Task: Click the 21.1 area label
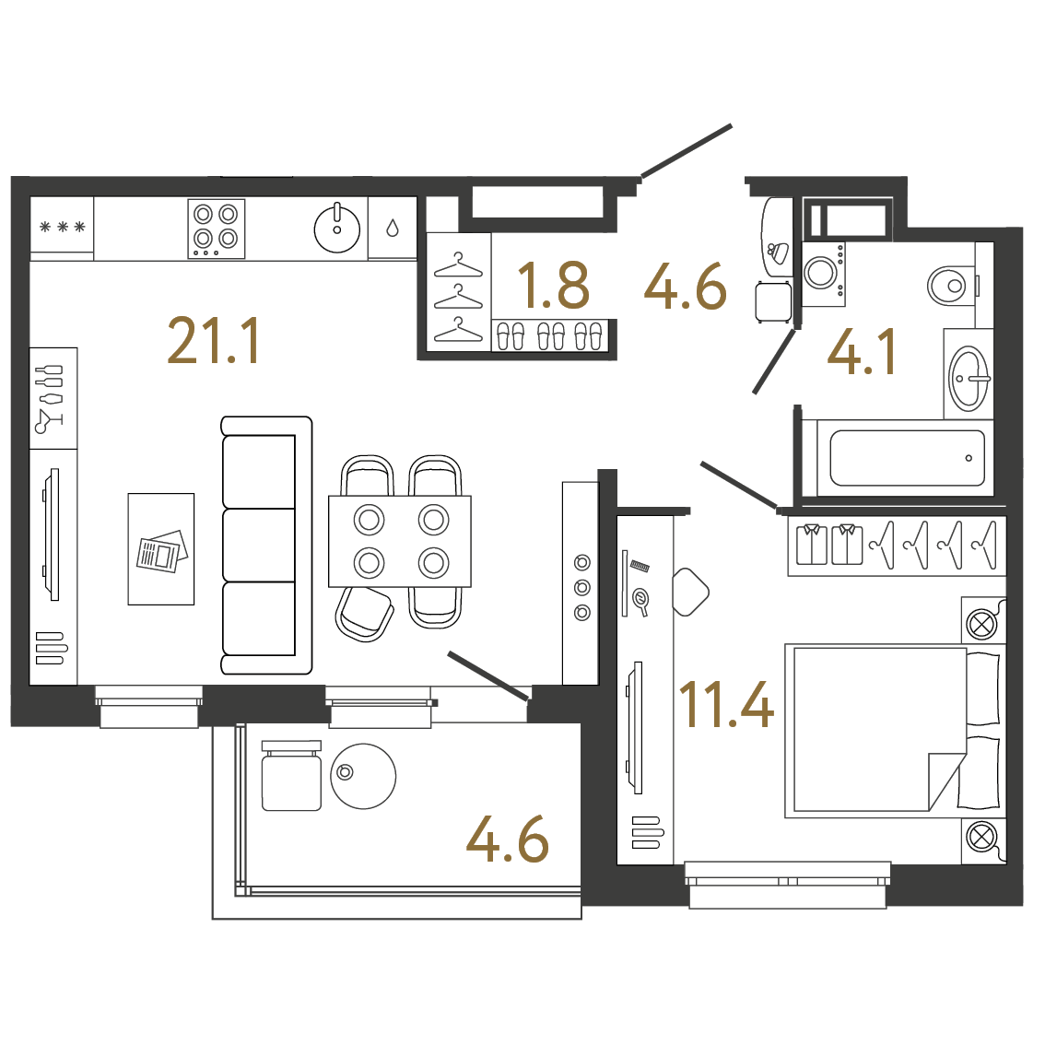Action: click(x=213, y=341)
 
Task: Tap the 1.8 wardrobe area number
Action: click(x=553, y=286)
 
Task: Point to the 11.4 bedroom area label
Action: click(x=726, y=704)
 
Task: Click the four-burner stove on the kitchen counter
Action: click(x=216, y=229)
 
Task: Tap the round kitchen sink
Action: click(x=337, y=229)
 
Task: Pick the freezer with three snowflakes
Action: click(x=62, y=228)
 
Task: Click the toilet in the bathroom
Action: click(x=952, y=286)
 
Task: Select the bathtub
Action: click(x=907, y=458)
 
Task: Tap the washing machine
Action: click(x=824, y=274)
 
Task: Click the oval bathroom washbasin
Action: click(x=969, y=378)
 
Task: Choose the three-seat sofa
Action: click(x=266, y=546)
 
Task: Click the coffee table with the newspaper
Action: click(x=161, y=549)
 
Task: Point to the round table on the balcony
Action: click(x=363, y=777)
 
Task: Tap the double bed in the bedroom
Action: click(x=895, y=731)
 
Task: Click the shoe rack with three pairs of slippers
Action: click(x=550, y=335)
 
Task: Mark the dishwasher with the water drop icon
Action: click(x=393, y=228)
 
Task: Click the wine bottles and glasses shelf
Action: click(x=53, y=398)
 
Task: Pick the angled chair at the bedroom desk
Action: click(x=690, y=592)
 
